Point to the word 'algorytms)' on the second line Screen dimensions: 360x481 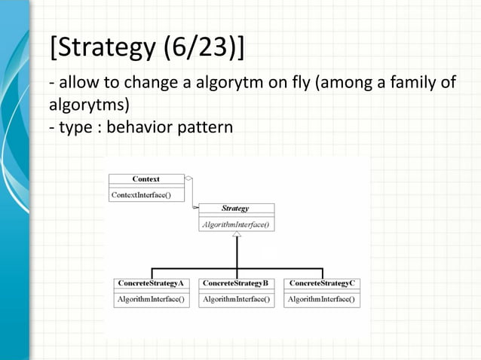pos(85,104)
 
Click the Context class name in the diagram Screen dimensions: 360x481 pos(146,179)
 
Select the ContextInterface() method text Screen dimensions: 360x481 pos(141,194)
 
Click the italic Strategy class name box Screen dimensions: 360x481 pos(236,209)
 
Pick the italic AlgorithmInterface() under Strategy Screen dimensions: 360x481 pos(236,224)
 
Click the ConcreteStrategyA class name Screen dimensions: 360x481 pos(151,283)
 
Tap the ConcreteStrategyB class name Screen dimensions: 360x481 pos(236,283)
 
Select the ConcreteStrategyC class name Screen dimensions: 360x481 pos(322,283)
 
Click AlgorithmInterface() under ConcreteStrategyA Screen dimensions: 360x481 pos(151,299)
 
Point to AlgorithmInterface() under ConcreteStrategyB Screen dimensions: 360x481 pos(236,299)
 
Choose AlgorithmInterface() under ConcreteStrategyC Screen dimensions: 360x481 pos(322,299)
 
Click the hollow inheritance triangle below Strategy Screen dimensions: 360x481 pos(237,236)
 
